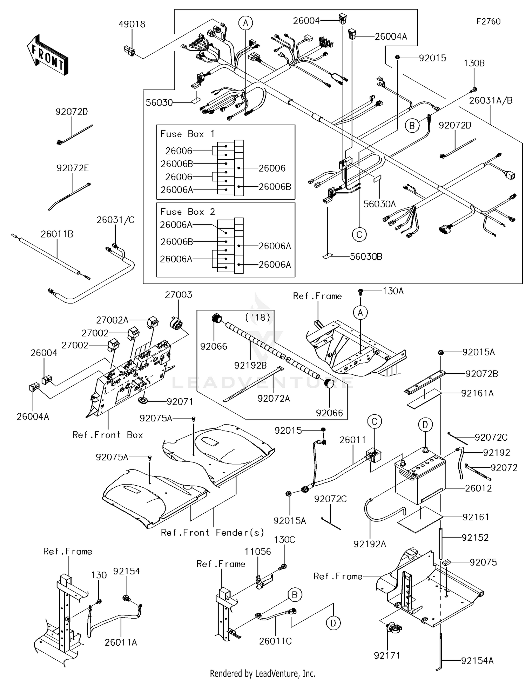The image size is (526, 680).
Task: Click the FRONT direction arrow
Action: point(47,54)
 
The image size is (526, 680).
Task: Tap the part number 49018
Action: point(131,24)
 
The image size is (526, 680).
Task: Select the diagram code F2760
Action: point(488,21)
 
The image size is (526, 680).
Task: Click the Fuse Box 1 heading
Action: point(187,134)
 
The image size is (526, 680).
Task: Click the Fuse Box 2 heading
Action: point(187,212)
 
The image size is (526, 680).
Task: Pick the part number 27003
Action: point(178,295)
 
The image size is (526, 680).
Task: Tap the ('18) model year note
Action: point(258,318)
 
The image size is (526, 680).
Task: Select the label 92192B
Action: point(250,365)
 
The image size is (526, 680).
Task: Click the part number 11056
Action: point(258,552)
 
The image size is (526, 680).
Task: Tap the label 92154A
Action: point(477,661)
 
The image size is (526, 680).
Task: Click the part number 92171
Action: point(387,655)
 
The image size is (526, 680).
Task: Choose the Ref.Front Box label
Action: point(107,435)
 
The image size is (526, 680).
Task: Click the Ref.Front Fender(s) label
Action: point(212,533)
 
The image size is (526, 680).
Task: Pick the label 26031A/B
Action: point(491,100)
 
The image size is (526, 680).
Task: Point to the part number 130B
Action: point(474,63)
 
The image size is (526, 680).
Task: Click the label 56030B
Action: point(366,256)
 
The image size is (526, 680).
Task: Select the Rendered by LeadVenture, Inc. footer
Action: point(263,673)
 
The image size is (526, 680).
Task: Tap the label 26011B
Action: point(57,234)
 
